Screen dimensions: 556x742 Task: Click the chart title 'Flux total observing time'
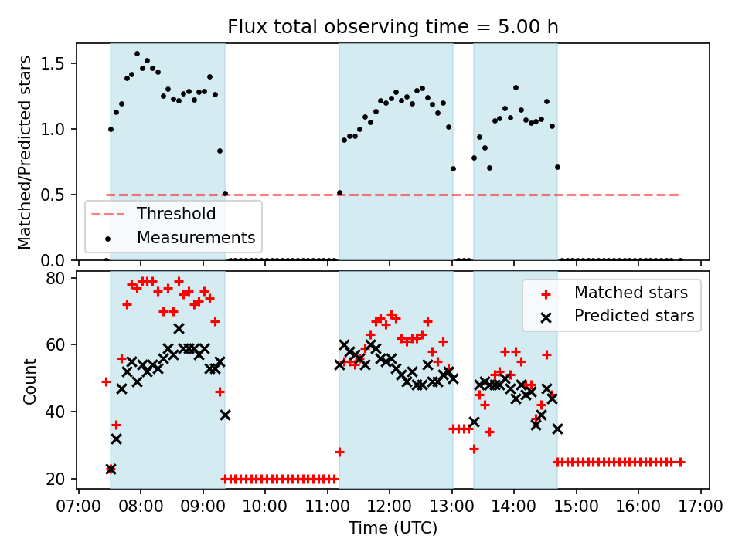(393, 27)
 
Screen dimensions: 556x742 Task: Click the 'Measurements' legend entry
(196, 237)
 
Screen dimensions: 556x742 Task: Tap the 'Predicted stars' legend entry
(634, 315)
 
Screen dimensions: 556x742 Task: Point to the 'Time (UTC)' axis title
(393, 529)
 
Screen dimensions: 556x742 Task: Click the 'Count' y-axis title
(30, 381)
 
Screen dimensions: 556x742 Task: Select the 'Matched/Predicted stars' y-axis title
(25, 152)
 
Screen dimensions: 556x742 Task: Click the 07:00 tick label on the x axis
(79, 507)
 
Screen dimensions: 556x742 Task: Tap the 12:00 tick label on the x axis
(390, 507)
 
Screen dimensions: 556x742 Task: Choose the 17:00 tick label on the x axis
(701, 507)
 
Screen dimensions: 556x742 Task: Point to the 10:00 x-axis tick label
(265, 507)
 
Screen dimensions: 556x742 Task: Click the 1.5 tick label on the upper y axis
(56, 63)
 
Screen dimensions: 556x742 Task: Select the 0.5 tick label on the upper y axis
(56, 195)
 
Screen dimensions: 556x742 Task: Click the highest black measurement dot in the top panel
(137, 54)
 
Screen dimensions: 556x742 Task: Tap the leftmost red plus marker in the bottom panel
(106, 381)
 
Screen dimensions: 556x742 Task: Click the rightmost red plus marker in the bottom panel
(680, 462)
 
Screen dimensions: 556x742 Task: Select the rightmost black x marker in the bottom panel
(557, 429)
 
